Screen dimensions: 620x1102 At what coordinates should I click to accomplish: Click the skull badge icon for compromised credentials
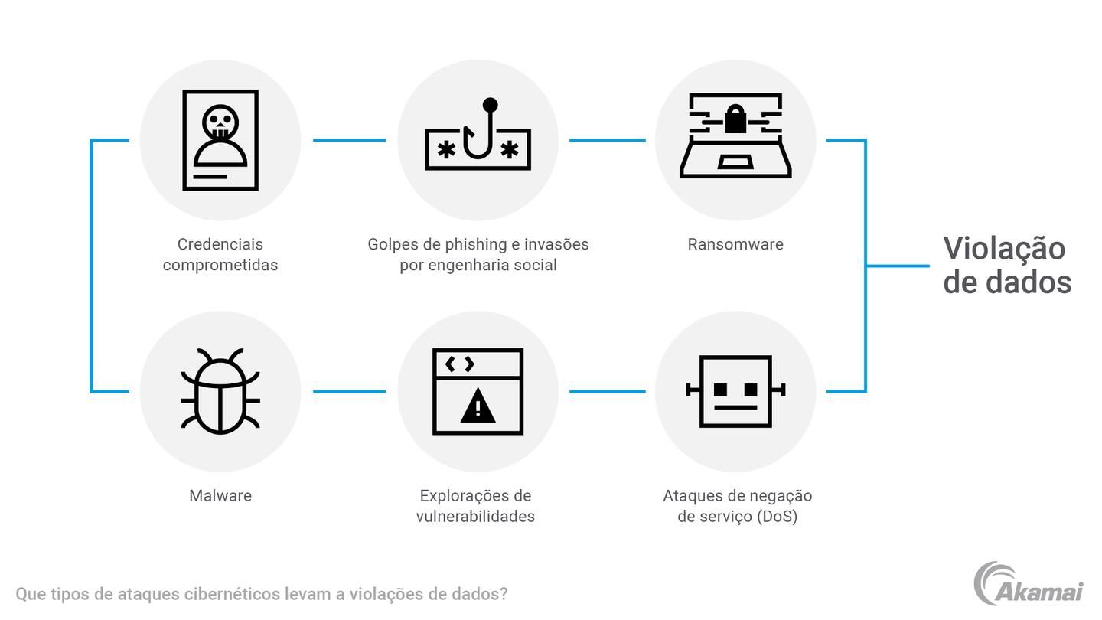(x=220, y=140)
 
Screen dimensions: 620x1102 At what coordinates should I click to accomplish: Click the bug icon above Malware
(x=220, y=391)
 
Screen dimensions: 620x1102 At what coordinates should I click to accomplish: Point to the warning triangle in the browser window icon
(x=478, y=406)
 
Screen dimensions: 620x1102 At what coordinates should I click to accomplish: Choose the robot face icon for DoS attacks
(x=735, y=391)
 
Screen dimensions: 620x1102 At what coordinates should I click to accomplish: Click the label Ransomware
(x=735, y=244)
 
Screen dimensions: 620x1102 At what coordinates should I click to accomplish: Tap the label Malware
(x=220, y=495)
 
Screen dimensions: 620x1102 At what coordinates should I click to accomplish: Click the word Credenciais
(x=220, y=244)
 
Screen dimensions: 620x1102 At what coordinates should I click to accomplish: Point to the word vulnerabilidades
(x=475, y=516)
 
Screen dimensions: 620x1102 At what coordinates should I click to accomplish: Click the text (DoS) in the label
(x=777, y=516)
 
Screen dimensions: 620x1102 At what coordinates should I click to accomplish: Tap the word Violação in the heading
(x=1004, y=249)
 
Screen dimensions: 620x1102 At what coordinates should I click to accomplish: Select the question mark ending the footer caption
(x=503, y=594)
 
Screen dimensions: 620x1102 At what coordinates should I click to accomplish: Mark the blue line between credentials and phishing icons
(x=349, y=140)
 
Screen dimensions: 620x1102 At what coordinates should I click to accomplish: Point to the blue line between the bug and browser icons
(x=349, y=391)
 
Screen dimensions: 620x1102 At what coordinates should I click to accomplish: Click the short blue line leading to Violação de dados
(x=898, y=266)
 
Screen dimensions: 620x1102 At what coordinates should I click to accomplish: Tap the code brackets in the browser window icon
(x=459, y=364)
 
